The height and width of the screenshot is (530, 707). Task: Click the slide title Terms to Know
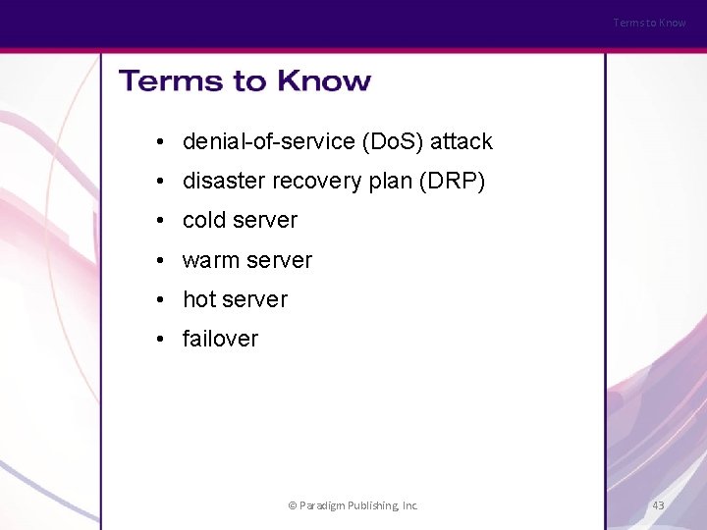pyautogui.click(x=245, y=80)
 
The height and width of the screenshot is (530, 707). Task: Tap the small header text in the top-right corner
pyautogui.click(x=649, y=23)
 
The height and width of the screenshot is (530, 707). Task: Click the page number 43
pyautogui.click(x=658, y=505)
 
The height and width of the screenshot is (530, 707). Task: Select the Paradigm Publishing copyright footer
pyautogui.click(x=353, y=505)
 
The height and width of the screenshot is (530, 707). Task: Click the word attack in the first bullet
pyautogui.click(x=461, y=142)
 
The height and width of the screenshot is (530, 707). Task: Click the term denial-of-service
pyautogui.click(x=268, y=142)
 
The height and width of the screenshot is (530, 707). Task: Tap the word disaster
pyautogui.click(x=219, y=182)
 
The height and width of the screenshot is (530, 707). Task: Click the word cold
pyautogui.click(x=204, y=221)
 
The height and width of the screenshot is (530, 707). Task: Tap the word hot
pyautogui.click(x=199, y=299)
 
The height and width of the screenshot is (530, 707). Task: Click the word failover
pyautogui.click(x=220, y=339)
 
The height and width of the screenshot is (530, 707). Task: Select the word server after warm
pyautogui.click(x=279, y=260)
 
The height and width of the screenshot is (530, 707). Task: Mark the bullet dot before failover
pyautogui.click(x=159, y=339)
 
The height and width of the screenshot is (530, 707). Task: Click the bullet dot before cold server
pyautogui.click(x=159, y=221)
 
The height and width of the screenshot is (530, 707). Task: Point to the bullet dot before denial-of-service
pyautogui.click(x=159, y=142)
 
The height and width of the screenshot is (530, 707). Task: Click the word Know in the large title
pyautogui.click(x=324, y=80)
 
